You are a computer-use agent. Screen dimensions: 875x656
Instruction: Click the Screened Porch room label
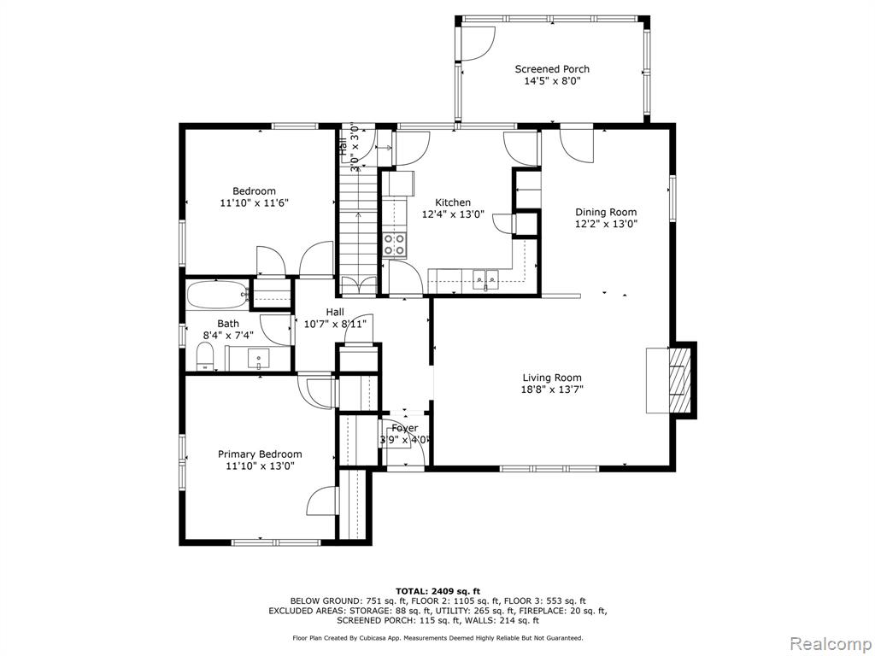point(552,69)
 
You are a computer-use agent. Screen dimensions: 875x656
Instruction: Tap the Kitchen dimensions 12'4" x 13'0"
point(453,214)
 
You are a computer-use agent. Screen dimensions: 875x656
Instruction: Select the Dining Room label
point(606,212)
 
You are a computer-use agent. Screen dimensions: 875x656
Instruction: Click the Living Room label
point(552,378)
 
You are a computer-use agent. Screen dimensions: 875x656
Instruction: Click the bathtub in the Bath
point(216,294)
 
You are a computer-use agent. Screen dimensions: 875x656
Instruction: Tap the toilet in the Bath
point(205,356)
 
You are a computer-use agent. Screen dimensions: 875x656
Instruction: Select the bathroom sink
point(258,358)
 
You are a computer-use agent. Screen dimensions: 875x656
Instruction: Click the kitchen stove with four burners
point(395,245)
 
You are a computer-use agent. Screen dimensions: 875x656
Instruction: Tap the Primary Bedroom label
point(260,454)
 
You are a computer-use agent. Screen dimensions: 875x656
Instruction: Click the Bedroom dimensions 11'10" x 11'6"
point(255,203)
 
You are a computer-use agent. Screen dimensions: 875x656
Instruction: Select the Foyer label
point(404,428)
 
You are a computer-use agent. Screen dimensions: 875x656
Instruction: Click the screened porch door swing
point(478,43)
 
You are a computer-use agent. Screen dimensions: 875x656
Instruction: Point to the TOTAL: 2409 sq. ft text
point(437,591)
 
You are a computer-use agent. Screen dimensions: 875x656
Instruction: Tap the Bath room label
point(228,324)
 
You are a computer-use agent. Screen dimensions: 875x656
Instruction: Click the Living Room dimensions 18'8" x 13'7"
point(552,389)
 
